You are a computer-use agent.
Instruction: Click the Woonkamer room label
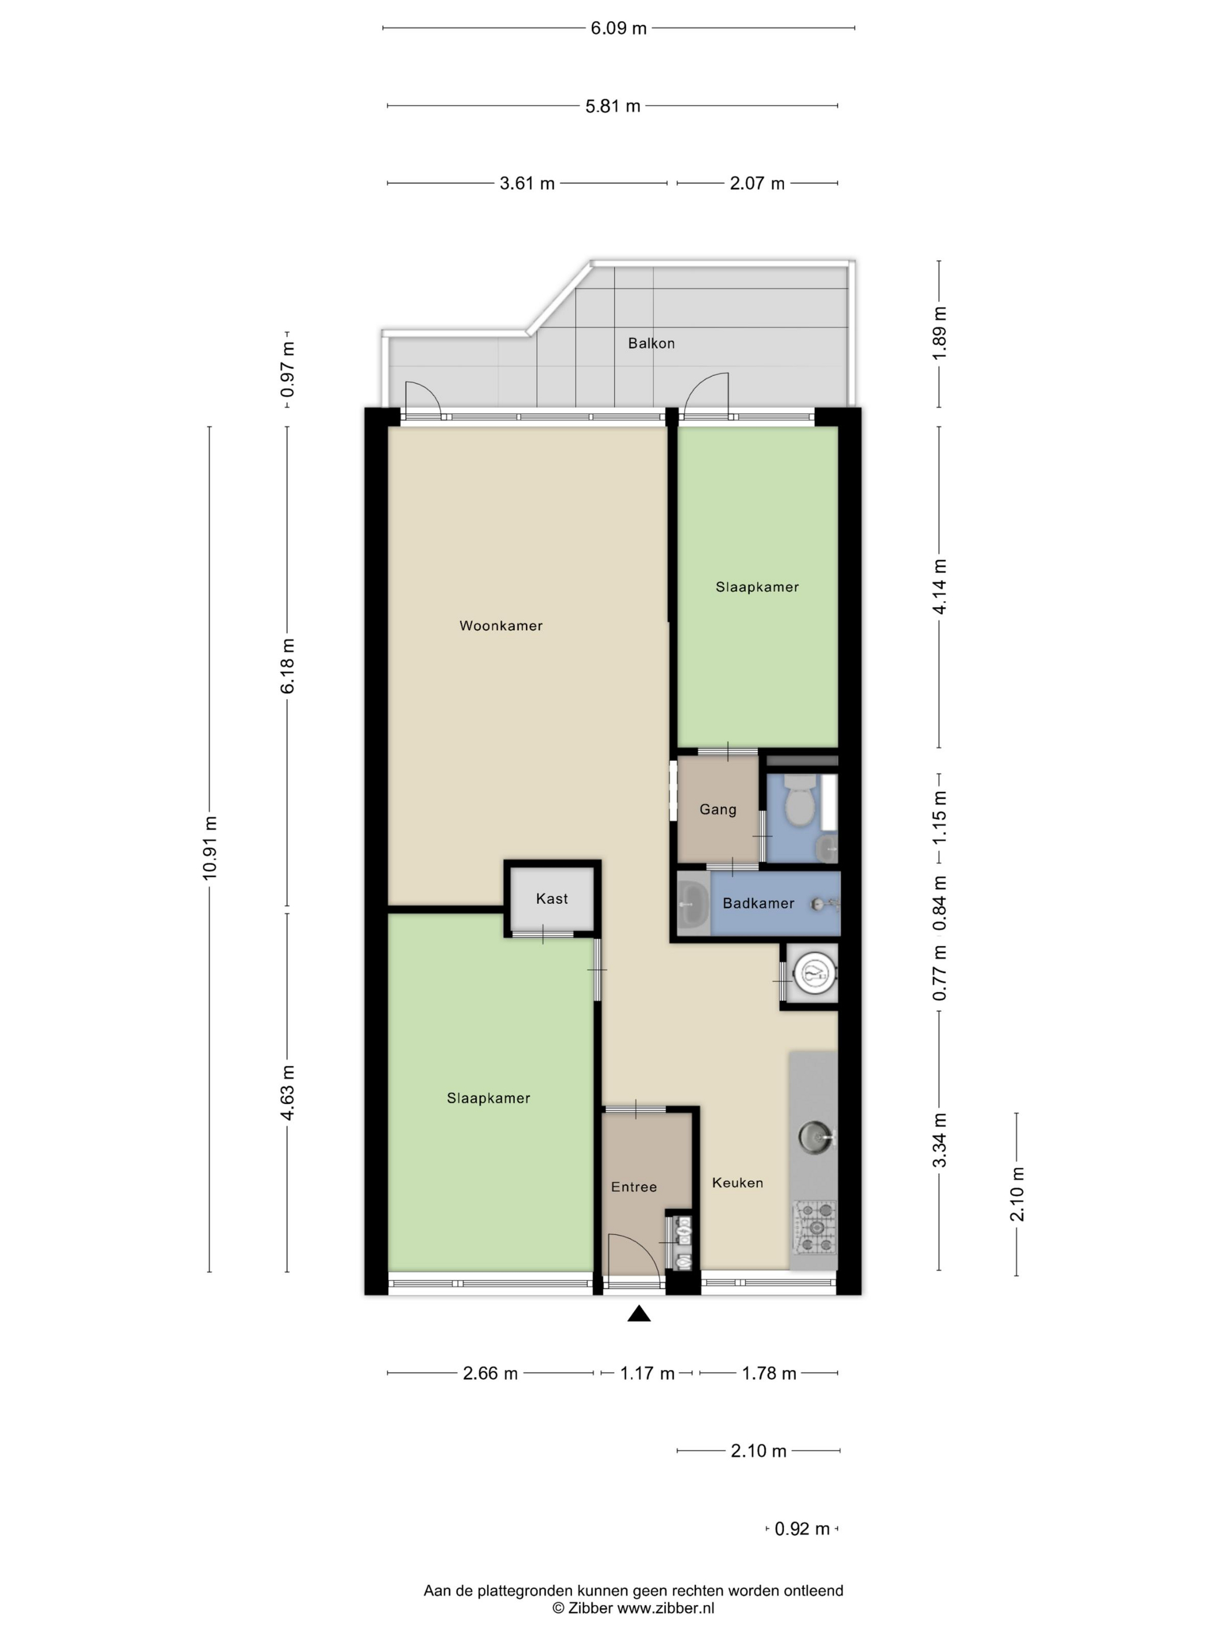point(500,625)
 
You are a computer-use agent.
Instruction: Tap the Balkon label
point(651,343)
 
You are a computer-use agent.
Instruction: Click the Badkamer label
point(758,903)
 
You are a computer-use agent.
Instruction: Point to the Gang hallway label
point(718,810)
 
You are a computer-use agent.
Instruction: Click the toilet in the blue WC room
point(798,801)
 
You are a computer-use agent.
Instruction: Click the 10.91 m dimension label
point(210,848)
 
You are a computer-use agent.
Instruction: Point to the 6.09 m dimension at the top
point(618,28)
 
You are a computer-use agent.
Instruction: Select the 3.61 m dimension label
point(527,183)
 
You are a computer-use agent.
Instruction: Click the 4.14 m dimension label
point(939,587)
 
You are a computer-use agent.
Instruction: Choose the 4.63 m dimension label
point(287,1093)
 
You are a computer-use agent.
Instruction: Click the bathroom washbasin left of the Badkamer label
point(692,903)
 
